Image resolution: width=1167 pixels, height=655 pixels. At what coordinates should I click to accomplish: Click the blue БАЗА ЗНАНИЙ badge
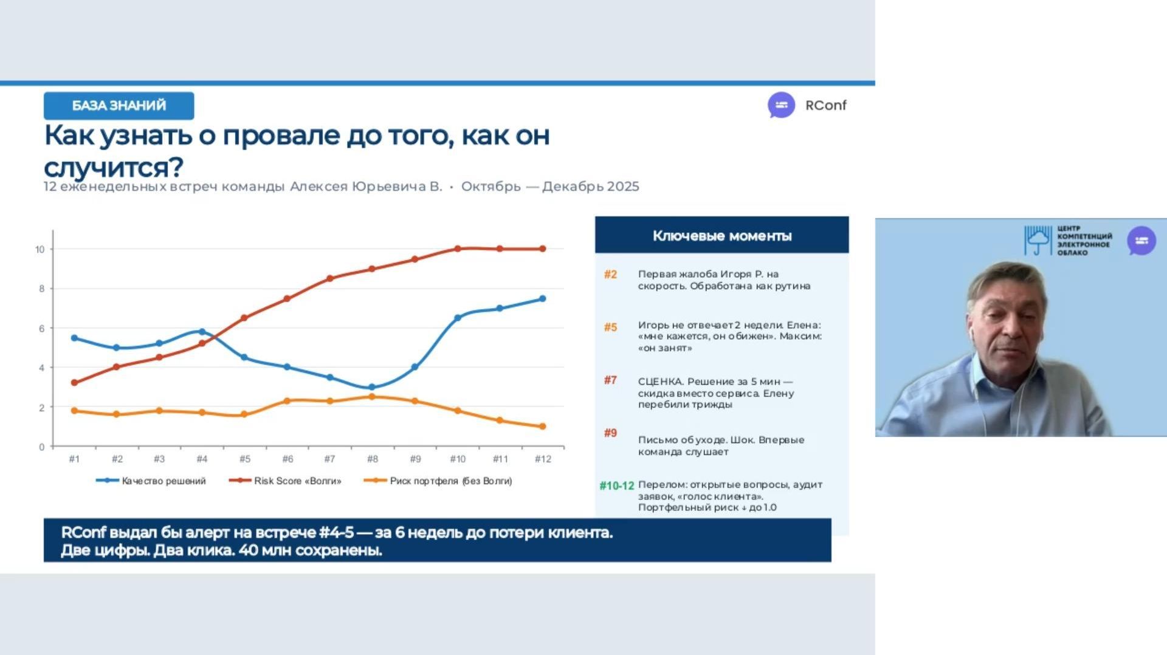119,106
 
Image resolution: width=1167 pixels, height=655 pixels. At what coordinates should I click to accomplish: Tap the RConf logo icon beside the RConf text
781,105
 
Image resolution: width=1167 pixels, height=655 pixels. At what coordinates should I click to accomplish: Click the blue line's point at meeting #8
372,387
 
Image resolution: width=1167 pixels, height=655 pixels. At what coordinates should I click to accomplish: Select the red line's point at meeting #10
458,249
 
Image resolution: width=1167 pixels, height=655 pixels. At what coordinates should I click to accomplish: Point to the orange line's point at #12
543,427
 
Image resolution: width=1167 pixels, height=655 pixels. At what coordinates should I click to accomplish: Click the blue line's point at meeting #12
543,298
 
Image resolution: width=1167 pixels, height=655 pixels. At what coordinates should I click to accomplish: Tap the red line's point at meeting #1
74,383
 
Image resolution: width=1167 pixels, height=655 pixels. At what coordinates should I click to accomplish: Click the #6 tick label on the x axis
287,459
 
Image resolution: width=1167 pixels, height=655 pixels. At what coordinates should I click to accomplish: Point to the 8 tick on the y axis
41,289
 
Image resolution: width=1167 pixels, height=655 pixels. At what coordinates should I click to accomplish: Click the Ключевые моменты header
721,236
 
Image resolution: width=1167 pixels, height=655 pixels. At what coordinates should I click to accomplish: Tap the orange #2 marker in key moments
610,275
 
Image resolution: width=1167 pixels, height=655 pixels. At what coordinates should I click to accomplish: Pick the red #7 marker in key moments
610,380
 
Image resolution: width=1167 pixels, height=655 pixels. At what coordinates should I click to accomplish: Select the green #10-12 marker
616,485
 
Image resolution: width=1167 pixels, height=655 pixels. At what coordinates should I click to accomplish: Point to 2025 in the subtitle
623,187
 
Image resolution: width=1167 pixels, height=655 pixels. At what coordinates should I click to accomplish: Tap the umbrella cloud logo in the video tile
1038,241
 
